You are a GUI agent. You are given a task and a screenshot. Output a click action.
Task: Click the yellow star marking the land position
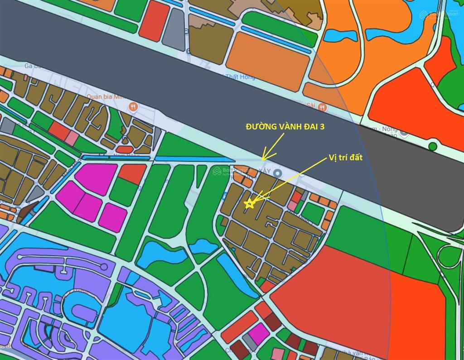click(248, 204)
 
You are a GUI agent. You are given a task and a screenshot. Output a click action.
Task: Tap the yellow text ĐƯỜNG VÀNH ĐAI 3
click(285, 127)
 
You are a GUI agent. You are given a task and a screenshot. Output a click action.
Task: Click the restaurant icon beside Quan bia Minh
click(133, 107)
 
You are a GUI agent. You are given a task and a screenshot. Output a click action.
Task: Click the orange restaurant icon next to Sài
click(322, 107)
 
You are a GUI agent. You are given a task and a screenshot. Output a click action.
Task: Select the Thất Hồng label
click(240, 77)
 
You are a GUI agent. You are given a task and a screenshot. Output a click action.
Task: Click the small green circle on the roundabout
click(433, 146)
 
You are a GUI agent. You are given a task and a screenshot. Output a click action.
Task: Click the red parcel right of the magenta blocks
click(133, 173)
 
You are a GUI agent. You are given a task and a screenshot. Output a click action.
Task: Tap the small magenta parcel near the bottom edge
click(258, 333)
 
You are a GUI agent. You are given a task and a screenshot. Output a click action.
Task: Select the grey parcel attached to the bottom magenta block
click(248, 342)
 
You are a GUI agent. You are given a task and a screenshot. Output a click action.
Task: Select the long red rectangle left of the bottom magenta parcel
click(240, 327)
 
